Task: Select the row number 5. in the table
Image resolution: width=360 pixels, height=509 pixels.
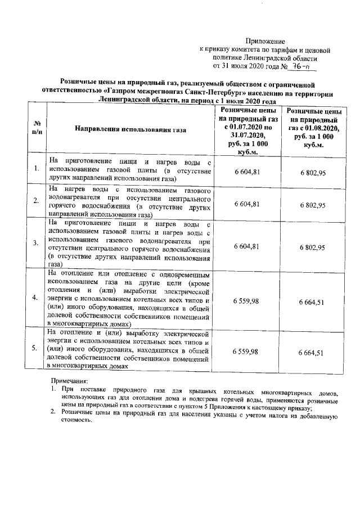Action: point(36,349)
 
